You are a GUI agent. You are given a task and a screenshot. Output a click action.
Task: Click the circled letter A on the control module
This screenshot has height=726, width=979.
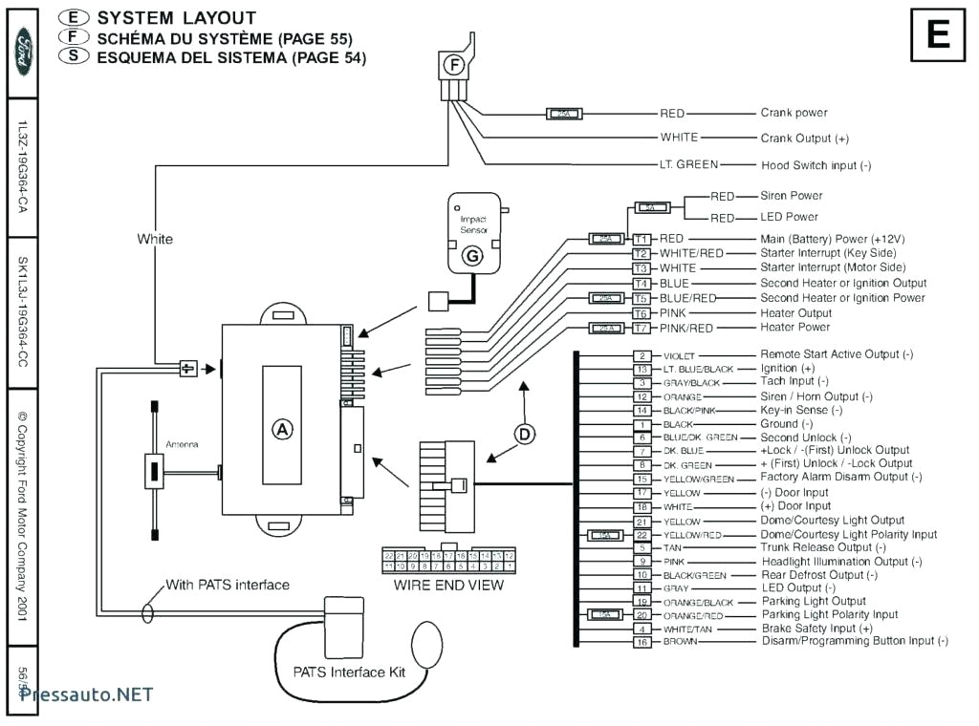[x=282, y=429]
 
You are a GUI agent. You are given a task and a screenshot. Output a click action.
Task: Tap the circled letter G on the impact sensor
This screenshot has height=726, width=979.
[x=471, y=256]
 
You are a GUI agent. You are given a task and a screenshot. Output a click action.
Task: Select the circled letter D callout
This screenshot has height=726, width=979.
[x=525, y=435]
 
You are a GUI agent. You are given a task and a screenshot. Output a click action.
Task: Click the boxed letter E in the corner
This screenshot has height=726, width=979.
[x=937, y=35]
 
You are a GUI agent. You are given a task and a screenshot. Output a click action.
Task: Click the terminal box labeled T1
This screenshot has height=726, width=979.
[x=642, y=238]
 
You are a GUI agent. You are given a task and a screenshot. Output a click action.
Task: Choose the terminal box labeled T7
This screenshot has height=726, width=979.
[x=642, y=328]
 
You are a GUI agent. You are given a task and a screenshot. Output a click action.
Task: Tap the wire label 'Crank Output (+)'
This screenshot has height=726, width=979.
[x=804, y=139]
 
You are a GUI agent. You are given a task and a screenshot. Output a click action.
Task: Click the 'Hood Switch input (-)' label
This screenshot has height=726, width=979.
[x=816, y=165]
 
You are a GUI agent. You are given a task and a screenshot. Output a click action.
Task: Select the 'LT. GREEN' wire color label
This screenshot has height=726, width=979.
[x=688, y=164]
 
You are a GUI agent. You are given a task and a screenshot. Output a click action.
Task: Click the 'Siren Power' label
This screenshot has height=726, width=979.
[x=791, y=196]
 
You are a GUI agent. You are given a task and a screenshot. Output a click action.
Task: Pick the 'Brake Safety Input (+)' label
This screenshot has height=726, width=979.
[x=816, y=629]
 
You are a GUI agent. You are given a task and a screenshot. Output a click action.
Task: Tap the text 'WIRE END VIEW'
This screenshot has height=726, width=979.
[x=448, y=586]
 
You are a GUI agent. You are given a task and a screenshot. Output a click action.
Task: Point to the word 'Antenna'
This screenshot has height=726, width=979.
[x=183, y=444]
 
